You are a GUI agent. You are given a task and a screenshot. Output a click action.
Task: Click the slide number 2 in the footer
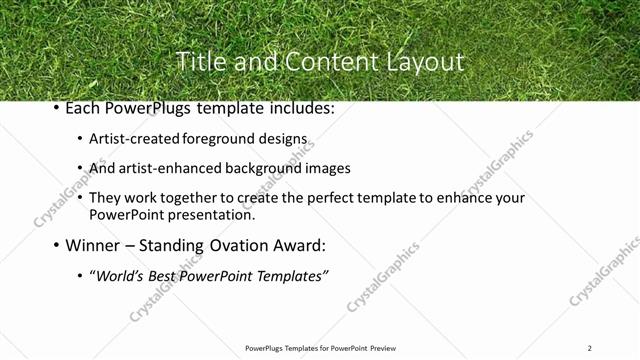pyautogui.click(x=589, y=348)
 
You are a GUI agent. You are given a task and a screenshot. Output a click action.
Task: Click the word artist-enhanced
pyautogui.click(x=171, y=168)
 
